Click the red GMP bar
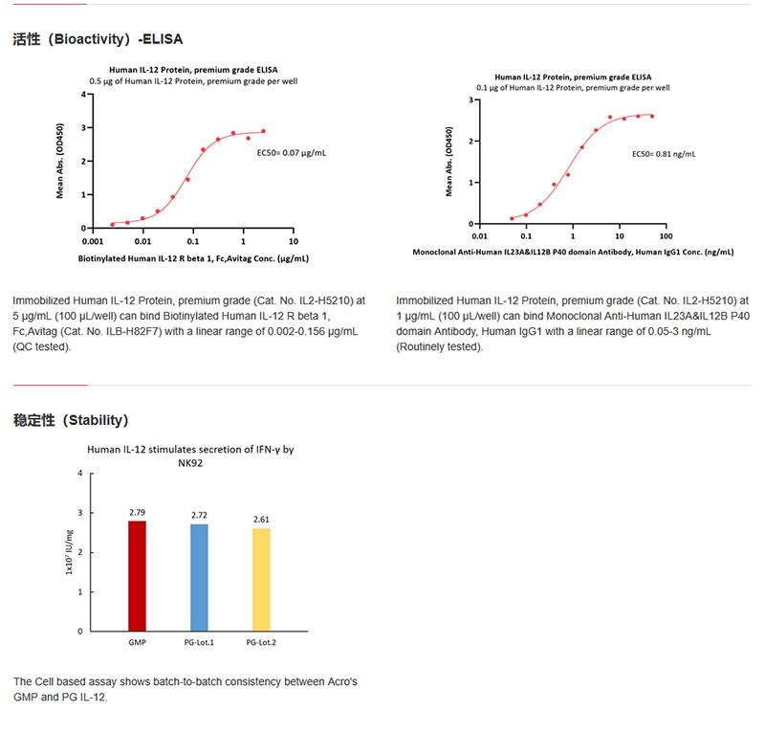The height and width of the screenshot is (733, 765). pos(138,575)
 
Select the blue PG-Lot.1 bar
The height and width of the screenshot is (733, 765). pos(198,577)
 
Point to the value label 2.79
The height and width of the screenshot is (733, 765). pos(138,512)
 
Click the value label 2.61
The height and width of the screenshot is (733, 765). pos(261,520)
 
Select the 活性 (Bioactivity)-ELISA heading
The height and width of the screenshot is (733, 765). pos(98,40)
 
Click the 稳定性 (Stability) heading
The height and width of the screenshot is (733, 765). pos(71,419)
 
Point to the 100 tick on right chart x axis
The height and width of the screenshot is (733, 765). pos(666,235)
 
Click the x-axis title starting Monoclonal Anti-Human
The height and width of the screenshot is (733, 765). pos(573,252)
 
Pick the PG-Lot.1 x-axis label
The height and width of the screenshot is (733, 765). pos(198,641)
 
